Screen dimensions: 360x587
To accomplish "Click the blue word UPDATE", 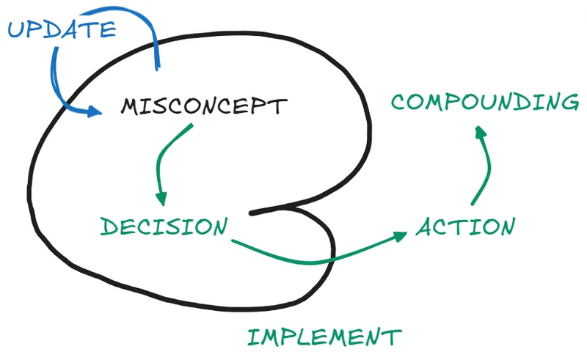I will point(62,30).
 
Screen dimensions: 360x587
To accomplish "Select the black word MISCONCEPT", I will point(203,107).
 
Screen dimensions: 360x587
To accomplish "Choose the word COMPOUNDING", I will point(484,102).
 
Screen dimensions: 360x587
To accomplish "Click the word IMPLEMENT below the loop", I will point(324,337).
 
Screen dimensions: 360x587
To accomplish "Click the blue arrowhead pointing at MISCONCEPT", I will point(95,112).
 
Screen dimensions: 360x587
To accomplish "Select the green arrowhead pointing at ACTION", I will point(400,235).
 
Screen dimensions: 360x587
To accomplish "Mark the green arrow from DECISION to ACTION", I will point(316,258).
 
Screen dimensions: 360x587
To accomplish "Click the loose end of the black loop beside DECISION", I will point(252,213).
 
